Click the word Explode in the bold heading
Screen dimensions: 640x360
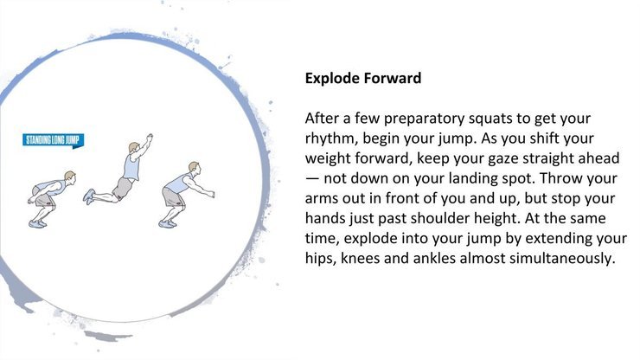[332, 79]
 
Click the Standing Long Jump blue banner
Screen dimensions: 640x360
[53, 140]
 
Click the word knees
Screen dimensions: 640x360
[360, 258]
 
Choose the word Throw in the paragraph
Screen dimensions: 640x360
[560, 178]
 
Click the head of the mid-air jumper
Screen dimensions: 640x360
[134, 147]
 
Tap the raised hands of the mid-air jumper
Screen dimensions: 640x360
[150, 138]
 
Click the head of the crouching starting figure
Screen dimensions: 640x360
[70, 177]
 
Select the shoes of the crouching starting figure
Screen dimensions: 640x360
[37, 224]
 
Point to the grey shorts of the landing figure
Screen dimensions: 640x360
[172, 197]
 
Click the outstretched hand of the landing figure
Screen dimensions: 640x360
[211, 194]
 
